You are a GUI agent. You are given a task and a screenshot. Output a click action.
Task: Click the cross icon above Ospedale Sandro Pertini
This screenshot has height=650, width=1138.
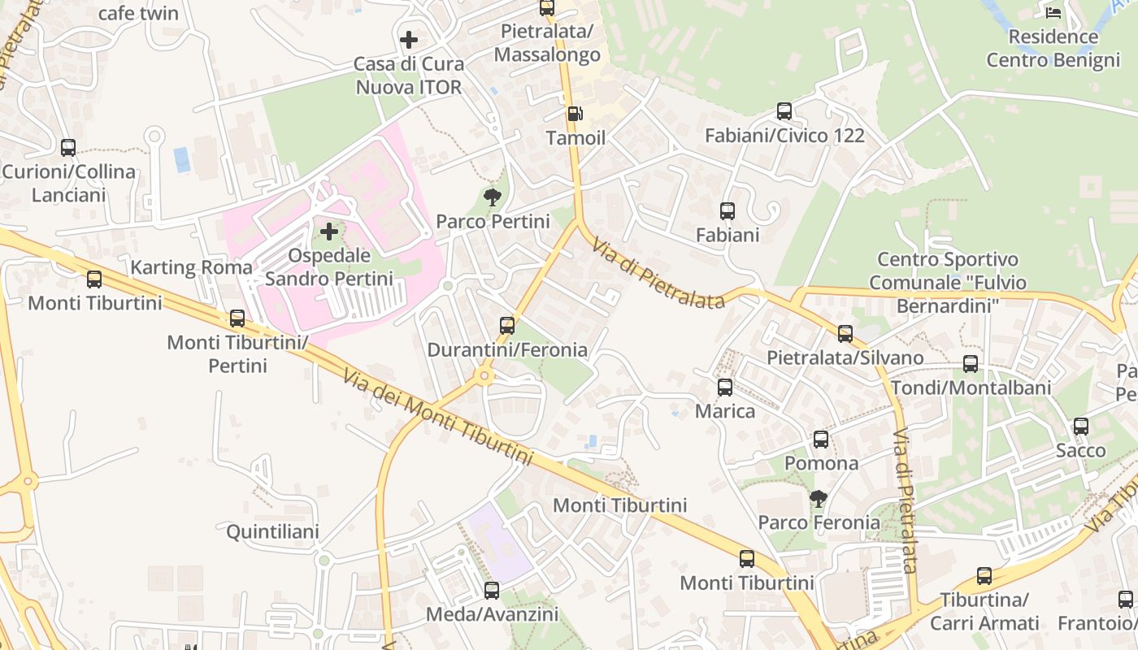(329, 232)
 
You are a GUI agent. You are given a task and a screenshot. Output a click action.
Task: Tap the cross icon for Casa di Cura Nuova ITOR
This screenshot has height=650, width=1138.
(409, 39)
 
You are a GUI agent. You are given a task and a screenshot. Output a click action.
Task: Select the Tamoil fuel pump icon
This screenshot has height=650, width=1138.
(575, 114)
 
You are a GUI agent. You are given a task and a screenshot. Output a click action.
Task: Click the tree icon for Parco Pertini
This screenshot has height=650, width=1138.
(492, 197)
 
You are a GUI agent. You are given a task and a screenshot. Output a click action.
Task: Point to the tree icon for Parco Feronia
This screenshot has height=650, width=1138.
(819, 498)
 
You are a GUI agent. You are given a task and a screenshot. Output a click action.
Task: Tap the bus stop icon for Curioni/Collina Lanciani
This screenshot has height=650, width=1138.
(68, 148)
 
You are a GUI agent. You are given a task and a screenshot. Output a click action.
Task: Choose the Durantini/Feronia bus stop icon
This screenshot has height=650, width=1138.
(507, 326)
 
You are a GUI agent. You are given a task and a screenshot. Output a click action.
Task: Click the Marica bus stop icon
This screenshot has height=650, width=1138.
(725, 388)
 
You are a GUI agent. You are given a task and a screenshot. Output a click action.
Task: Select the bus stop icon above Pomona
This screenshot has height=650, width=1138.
(821, 440)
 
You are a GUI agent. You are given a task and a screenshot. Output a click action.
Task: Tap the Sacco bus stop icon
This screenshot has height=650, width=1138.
(1081, 427)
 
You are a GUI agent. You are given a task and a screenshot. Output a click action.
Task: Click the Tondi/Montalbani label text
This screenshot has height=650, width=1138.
(971, 388)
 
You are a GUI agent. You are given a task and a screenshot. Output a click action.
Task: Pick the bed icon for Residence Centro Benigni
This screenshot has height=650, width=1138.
(1053, 12)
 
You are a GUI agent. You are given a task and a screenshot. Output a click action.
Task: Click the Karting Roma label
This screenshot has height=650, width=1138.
(192, 267)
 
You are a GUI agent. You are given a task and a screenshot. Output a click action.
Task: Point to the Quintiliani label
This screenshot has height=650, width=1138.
(272, 532)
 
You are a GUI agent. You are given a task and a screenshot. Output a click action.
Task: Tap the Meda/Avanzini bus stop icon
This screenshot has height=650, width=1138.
(492, 591)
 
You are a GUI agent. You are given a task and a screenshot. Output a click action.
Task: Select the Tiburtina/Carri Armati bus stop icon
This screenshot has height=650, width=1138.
(984, 577)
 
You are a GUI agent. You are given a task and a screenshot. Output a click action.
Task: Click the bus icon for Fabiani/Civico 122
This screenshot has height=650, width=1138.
(784, 111)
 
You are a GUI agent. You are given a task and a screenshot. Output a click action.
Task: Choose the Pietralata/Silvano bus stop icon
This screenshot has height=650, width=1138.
(845, 334)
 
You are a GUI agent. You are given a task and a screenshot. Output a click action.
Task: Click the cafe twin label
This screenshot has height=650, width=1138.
(138, 13)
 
